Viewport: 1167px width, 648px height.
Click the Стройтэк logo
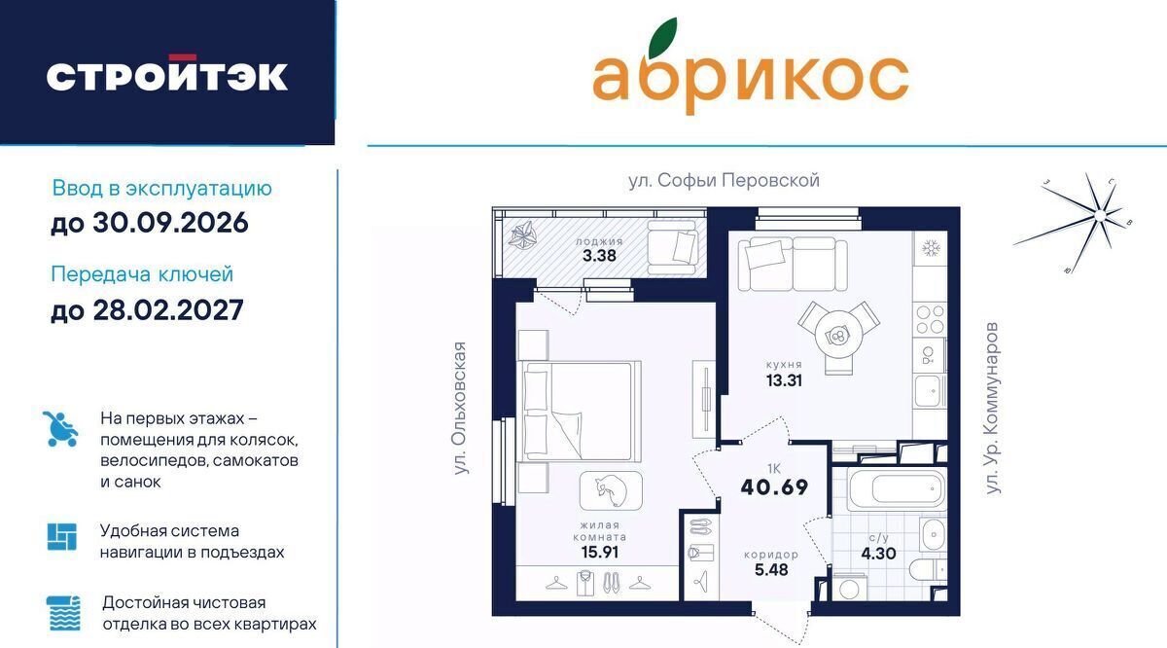(166, 73)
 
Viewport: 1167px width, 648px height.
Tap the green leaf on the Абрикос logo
(662, 38)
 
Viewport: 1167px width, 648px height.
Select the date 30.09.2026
(170, 223)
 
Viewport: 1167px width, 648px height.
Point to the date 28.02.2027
(167, 310)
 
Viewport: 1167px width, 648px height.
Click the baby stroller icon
(60, 428)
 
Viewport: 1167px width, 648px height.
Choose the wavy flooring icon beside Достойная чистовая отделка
(63, 613)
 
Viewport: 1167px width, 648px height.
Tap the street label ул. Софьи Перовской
(724, 181)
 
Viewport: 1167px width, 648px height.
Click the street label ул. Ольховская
(459, 408)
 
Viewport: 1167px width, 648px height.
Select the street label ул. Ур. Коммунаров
(993, 408)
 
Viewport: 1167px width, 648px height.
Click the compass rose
(1099, 215)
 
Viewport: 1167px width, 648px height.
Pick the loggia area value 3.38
(599, 256)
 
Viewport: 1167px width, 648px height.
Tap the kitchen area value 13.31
(784, 380)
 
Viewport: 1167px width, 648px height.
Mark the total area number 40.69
(774, 486)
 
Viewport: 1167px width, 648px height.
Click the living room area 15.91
(600, 552)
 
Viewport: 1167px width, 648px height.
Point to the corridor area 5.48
(771, 570)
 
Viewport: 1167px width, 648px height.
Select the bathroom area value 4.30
(878, 553)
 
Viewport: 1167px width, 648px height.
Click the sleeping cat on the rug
(611, 491)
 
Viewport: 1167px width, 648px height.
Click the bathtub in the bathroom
(897, 489)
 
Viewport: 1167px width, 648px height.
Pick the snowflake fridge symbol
(931, 248)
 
